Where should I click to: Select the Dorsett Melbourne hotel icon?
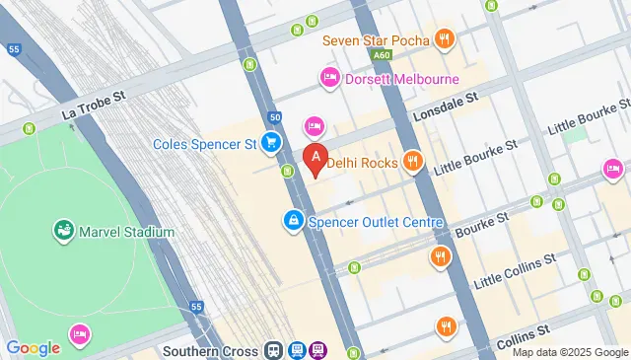pyautogui.click(x=329, y=78)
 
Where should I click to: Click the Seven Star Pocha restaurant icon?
pyautogui.click(x=446, y=40)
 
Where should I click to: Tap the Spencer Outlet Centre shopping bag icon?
pyautogui.click(x=293, y=222)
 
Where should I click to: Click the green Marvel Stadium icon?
pyautogui.click(x=64, y=232)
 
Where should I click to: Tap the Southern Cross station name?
pyautogui.click(x=210, y=350)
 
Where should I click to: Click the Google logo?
pyautogui.click(x=33, y=347)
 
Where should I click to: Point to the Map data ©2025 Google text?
pyautogui.click(x=570, y=352)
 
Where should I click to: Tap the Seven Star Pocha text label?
pyautogui.click(x=377, y=40)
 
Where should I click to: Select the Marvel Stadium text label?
pyautogui.click(x=128, y=232)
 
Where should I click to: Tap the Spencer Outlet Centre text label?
pyautogui.click(x=376, y=222)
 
